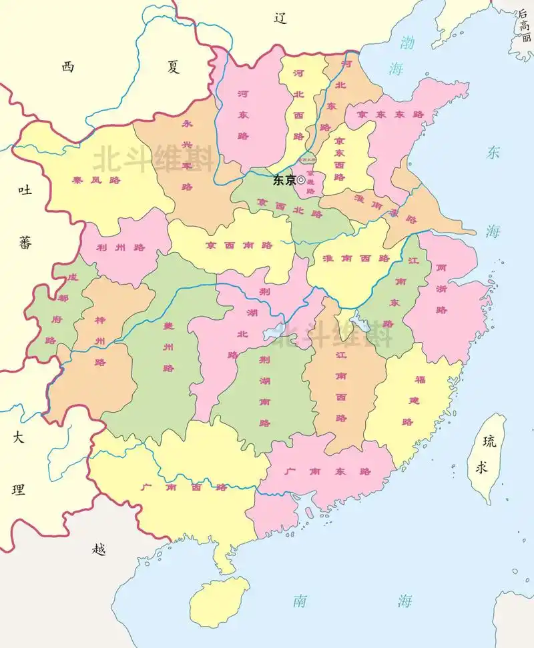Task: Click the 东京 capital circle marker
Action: [301, 180]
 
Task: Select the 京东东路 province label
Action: [390, 115]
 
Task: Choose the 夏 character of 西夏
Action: [174, 67]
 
